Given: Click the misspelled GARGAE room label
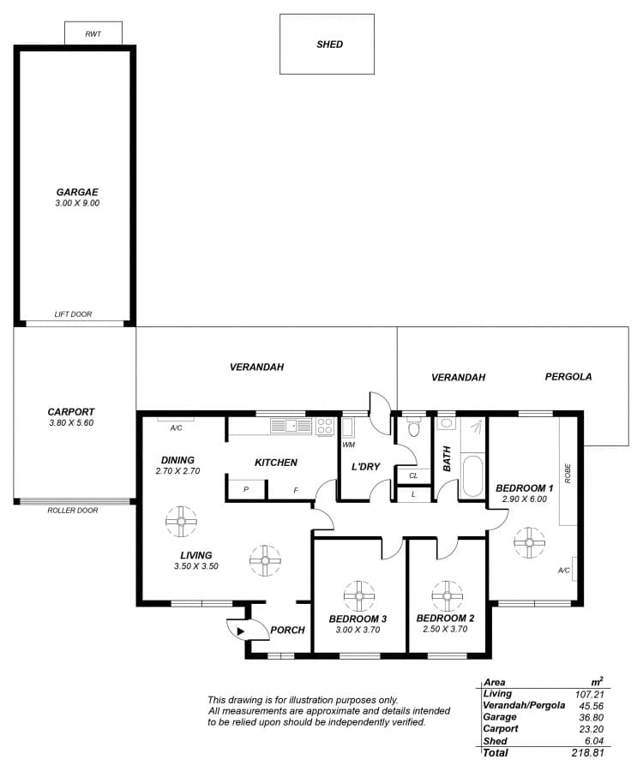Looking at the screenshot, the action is coord(77,192).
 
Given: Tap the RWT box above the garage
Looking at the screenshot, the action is coord(93,33).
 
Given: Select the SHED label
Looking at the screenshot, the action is coord(329,45).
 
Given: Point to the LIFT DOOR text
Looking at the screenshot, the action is coord(73,314).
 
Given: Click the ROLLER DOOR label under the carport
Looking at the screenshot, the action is coord(73,511).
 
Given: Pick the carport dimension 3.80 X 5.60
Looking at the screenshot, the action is coord(71,423).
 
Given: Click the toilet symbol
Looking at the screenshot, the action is coord(413,427).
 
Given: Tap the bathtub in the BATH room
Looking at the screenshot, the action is coord(472,476).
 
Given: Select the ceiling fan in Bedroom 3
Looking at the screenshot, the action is coord(359,596).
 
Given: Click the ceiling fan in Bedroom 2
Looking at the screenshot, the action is coord(447,596).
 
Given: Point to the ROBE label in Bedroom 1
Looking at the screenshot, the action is coord(568,474).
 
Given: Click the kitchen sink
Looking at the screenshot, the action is coord(291,425).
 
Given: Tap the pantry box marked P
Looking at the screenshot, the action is coord(246,489).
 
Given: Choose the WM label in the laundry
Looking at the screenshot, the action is coord(348,445).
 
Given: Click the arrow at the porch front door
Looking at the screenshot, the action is coord(241,631).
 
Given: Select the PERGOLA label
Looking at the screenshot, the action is coord(568,377).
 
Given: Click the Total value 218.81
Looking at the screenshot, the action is coord(587,753).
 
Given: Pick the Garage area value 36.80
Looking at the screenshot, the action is coord(591,717).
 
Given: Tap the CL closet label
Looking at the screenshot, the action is coord(413,475).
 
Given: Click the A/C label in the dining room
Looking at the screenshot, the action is coord(176,428).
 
